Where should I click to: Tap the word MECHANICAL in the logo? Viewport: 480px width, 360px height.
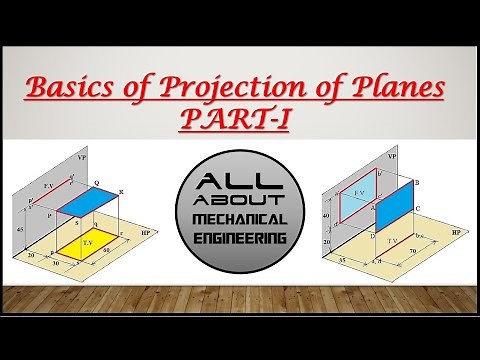[x=240, y=219]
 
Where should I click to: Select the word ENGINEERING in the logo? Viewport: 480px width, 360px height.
[x=240, y=238]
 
